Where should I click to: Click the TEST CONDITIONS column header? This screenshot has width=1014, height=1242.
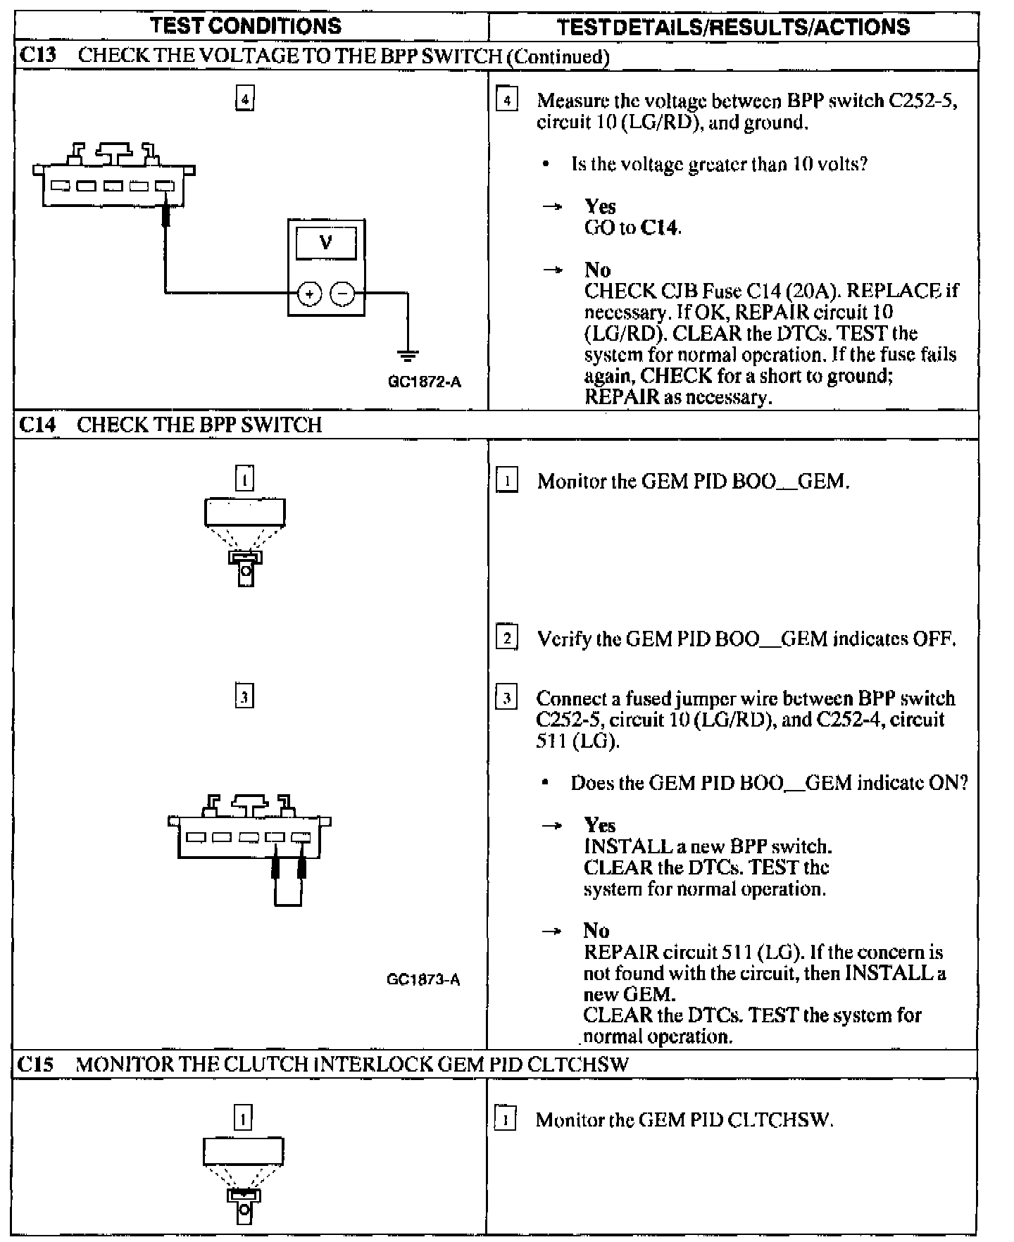pyautogui.click(x=246, y=26)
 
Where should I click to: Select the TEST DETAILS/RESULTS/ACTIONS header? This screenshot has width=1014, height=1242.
pyautogui.click(x=733, y=27)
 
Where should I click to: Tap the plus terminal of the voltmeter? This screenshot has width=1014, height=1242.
pyautogui.click(x=309, y=293)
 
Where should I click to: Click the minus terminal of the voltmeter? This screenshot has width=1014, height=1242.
pyautogui.click(x=343, y=293)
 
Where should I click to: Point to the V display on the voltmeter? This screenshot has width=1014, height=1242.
pyautogui.click(x=326, y=244)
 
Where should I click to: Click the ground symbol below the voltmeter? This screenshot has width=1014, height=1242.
pyautogui.click(x=408, y=355)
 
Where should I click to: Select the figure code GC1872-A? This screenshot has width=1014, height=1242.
pyautogui.click(x=424, y=382)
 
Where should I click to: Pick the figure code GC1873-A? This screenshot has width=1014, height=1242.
pyautogui.click(x=423, y=979)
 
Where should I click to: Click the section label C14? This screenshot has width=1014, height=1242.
pyautogui.click(x=38, y=425)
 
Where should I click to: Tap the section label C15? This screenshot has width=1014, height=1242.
pyautogui.click(x=36, y=1064)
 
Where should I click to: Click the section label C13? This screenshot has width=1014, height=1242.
pyautogui.click(x=38, y=56)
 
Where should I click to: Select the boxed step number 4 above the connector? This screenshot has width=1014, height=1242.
pyautogui.click(x=244, y=99)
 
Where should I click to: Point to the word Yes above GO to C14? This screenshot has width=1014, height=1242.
pyautogui.click(x=600, y=206)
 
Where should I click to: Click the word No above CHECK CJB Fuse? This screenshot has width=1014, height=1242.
pyautogui.click(x=597, y=270)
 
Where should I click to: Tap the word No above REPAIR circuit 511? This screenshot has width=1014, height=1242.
pyautogui.click(x=596, y=931)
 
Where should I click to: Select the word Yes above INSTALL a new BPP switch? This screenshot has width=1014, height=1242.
pyautogui.click(x=599, y=825)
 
